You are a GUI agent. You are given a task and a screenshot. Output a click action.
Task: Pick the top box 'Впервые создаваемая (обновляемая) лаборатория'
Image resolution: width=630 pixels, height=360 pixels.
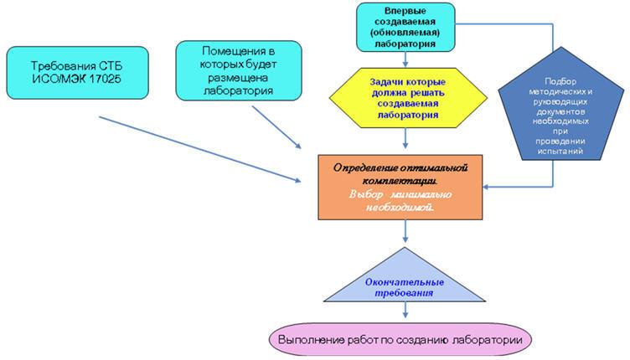pos(405,27)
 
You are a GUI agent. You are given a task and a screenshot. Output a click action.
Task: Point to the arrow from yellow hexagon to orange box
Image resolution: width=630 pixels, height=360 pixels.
pos(405,139)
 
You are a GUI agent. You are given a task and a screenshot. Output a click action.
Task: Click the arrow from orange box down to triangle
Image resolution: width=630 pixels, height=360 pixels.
pos(405,239)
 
